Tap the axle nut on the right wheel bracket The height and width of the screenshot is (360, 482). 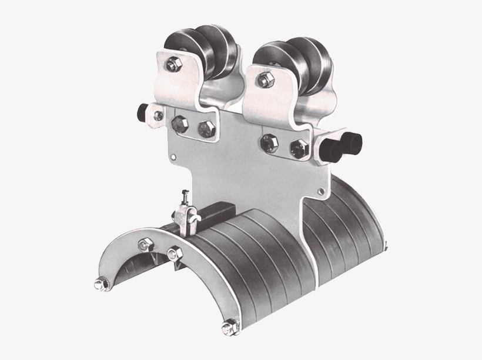point(264,77)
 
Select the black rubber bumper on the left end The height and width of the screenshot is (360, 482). point(143,112)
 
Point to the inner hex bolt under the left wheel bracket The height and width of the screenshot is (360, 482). point(205,129)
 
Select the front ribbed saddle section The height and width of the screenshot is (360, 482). point(253,259)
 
